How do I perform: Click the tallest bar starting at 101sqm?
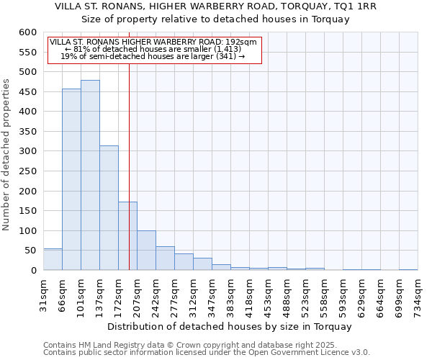coord(90,175)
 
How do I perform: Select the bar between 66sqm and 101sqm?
coord(71,179)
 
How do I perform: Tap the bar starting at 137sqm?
coord(109,207)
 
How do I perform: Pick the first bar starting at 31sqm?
coord(53,259)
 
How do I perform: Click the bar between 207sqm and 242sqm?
coord(146,250)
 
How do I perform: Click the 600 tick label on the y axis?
coord(27,32)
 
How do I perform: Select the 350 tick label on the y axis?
coord(27,132)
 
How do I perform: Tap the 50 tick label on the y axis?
coord(30,251)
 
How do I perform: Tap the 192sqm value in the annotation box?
coord(233,42)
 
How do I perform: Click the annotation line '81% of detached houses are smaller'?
coord(153,49)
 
